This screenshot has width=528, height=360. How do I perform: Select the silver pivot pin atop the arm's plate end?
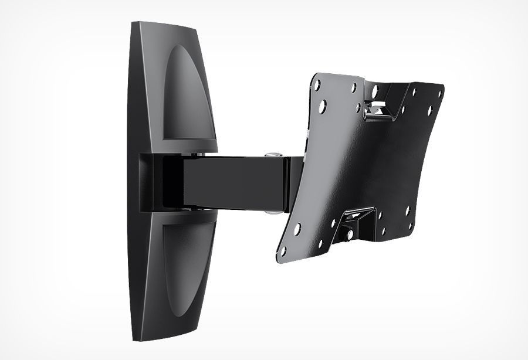pyautogui.click(x=272, y=155)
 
